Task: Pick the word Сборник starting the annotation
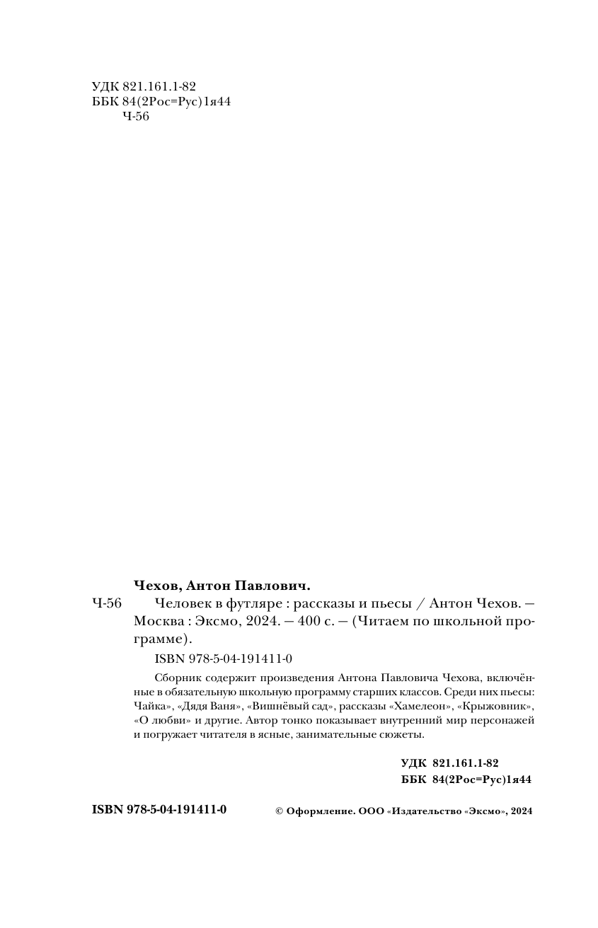coord(174,678)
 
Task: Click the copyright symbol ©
coord(279,811)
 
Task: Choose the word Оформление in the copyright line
coord(318,811)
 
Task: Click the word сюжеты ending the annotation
coord(403,734)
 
